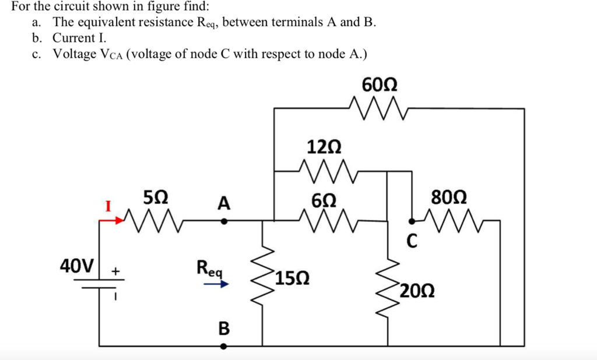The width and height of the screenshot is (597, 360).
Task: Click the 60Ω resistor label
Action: tap(380, 84)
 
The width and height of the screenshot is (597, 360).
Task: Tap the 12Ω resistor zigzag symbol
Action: tap(328, 171)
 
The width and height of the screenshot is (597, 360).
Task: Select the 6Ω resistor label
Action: tap(324, 200)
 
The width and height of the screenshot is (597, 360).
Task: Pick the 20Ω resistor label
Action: tap(417, 291)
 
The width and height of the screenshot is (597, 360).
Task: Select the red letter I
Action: tap(108, 206)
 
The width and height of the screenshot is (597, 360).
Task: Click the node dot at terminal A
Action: tap(224, 221)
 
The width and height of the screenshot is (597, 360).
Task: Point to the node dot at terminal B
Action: tap(224, 346)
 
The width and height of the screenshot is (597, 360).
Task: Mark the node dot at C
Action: tap(411, 221)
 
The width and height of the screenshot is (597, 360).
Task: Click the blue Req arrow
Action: tap(216, 284)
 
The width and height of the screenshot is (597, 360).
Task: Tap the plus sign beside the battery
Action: tap(115, 271)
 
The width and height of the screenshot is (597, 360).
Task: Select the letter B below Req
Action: tap(224, 328)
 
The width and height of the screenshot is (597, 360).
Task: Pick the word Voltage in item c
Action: tap(75, 54)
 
